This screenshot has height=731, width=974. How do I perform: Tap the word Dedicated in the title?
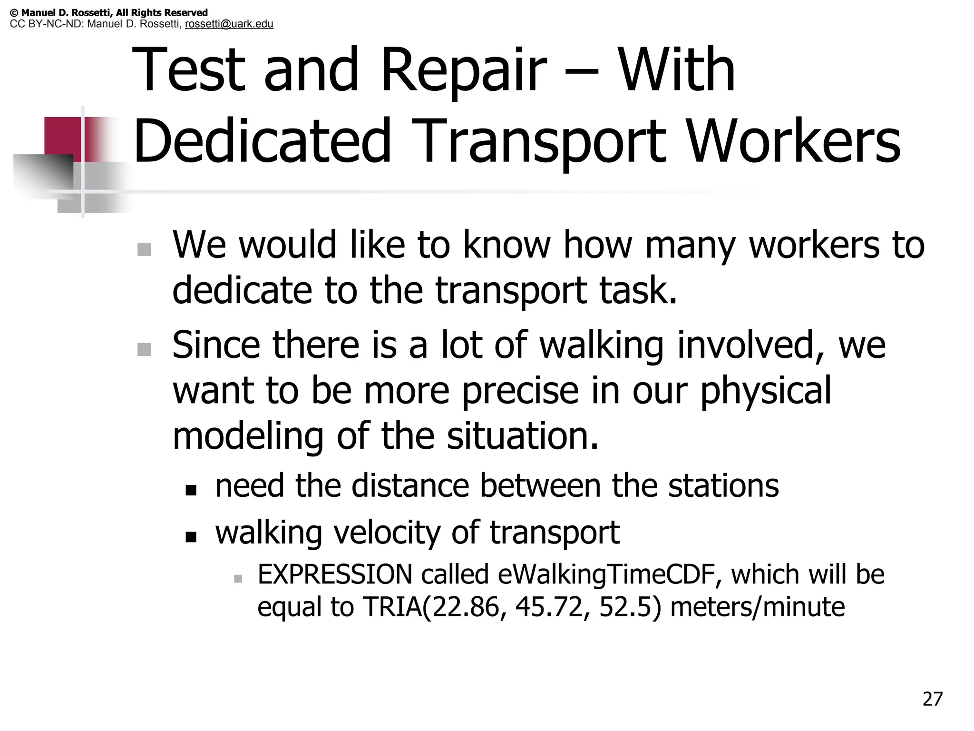tap(262, 141)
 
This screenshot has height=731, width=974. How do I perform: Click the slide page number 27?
tap(932, 699)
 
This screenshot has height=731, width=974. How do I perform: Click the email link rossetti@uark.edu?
tap(229, 24)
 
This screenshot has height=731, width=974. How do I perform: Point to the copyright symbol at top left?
tap(14, 13)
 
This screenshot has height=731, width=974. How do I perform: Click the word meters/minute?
tap(757, 607)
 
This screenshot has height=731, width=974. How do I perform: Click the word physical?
tap(766, 390)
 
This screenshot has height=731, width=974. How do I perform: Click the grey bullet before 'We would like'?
tap(144, 249)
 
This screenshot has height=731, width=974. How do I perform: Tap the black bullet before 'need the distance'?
tap(191, 490)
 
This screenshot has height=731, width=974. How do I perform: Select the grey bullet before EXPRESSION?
tap(238, 579)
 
